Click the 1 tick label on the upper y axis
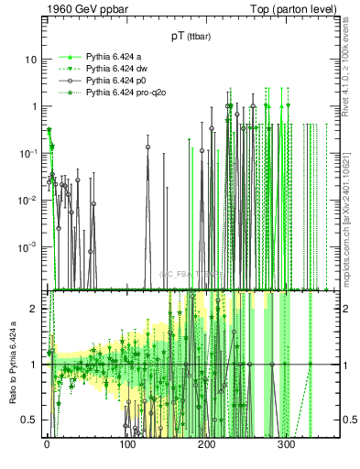pos(34,106)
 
